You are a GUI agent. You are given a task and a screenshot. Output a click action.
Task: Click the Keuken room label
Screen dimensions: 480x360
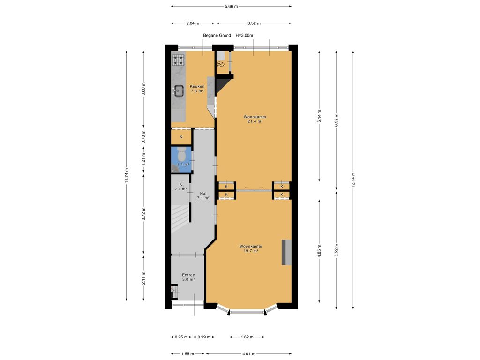pyautogui.click(x=197, y=89)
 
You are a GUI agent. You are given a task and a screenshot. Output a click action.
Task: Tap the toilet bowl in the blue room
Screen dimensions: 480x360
pyautogui.click(x=181, y=154)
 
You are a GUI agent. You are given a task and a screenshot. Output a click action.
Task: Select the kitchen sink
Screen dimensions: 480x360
pyautogui.click(x=178, y=90)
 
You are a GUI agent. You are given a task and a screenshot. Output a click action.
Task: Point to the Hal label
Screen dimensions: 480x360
pyautogui.click(x=203, y=195)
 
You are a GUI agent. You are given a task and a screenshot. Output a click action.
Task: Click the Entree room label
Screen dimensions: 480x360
pyautogui.click(x=188, y=277)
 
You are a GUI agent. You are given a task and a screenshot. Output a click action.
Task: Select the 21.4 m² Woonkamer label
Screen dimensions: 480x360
pyautogui.click(x=255, y=119)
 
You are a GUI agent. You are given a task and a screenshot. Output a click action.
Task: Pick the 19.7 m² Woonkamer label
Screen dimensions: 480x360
pyautogui.click(x=251, y=248)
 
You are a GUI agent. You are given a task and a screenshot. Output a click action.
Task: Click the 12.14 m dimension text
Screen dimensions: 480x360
pyautogui.click(x=353, y=180)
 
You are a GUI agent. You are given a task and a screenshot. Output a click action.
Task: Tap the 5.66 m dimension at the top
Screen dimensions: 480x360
pyautogui.click(x=231, y=6)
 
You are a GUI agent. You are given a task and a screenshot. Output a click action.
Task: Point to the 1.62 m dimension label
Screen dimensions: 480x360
pyautogui.click(x=247, y=337)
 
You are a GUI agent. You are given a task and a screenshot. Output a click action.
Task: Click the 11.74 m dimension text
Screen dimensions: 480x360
pyautogui.click(x=127, y=176)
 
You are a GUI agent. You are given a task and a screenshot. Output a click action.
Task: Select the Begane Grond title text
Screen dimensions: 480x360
pyautogui.click(x=217, y=35)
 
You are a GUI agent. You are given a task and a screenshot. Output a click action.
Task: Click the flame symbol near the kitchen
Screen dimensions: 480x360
pyautogui.click(x=221, y=64)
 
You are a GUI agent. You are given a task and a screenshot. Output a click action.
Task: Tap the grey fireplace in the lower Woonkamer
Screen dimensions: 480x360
pyautogui.click(x=286, y=252)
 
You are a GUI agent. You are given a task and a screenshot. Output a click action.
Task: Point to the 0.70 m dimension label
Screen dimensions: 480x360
pyautogui.click(x=143, y=137)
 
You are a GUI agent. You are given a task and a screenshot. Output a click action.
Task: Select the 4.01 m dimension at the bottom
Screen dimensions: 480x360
pyautogui.click(x=248, y=354)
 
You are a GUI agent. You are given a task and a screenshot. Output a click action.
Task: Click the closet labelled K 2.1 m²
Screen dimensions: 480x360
pyautogui.click(x=180, y=187)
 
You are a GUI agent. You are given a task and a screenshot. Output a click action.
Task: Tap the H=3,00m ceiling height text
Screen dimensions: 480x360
pyautogui.click(x=244, y=35)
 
